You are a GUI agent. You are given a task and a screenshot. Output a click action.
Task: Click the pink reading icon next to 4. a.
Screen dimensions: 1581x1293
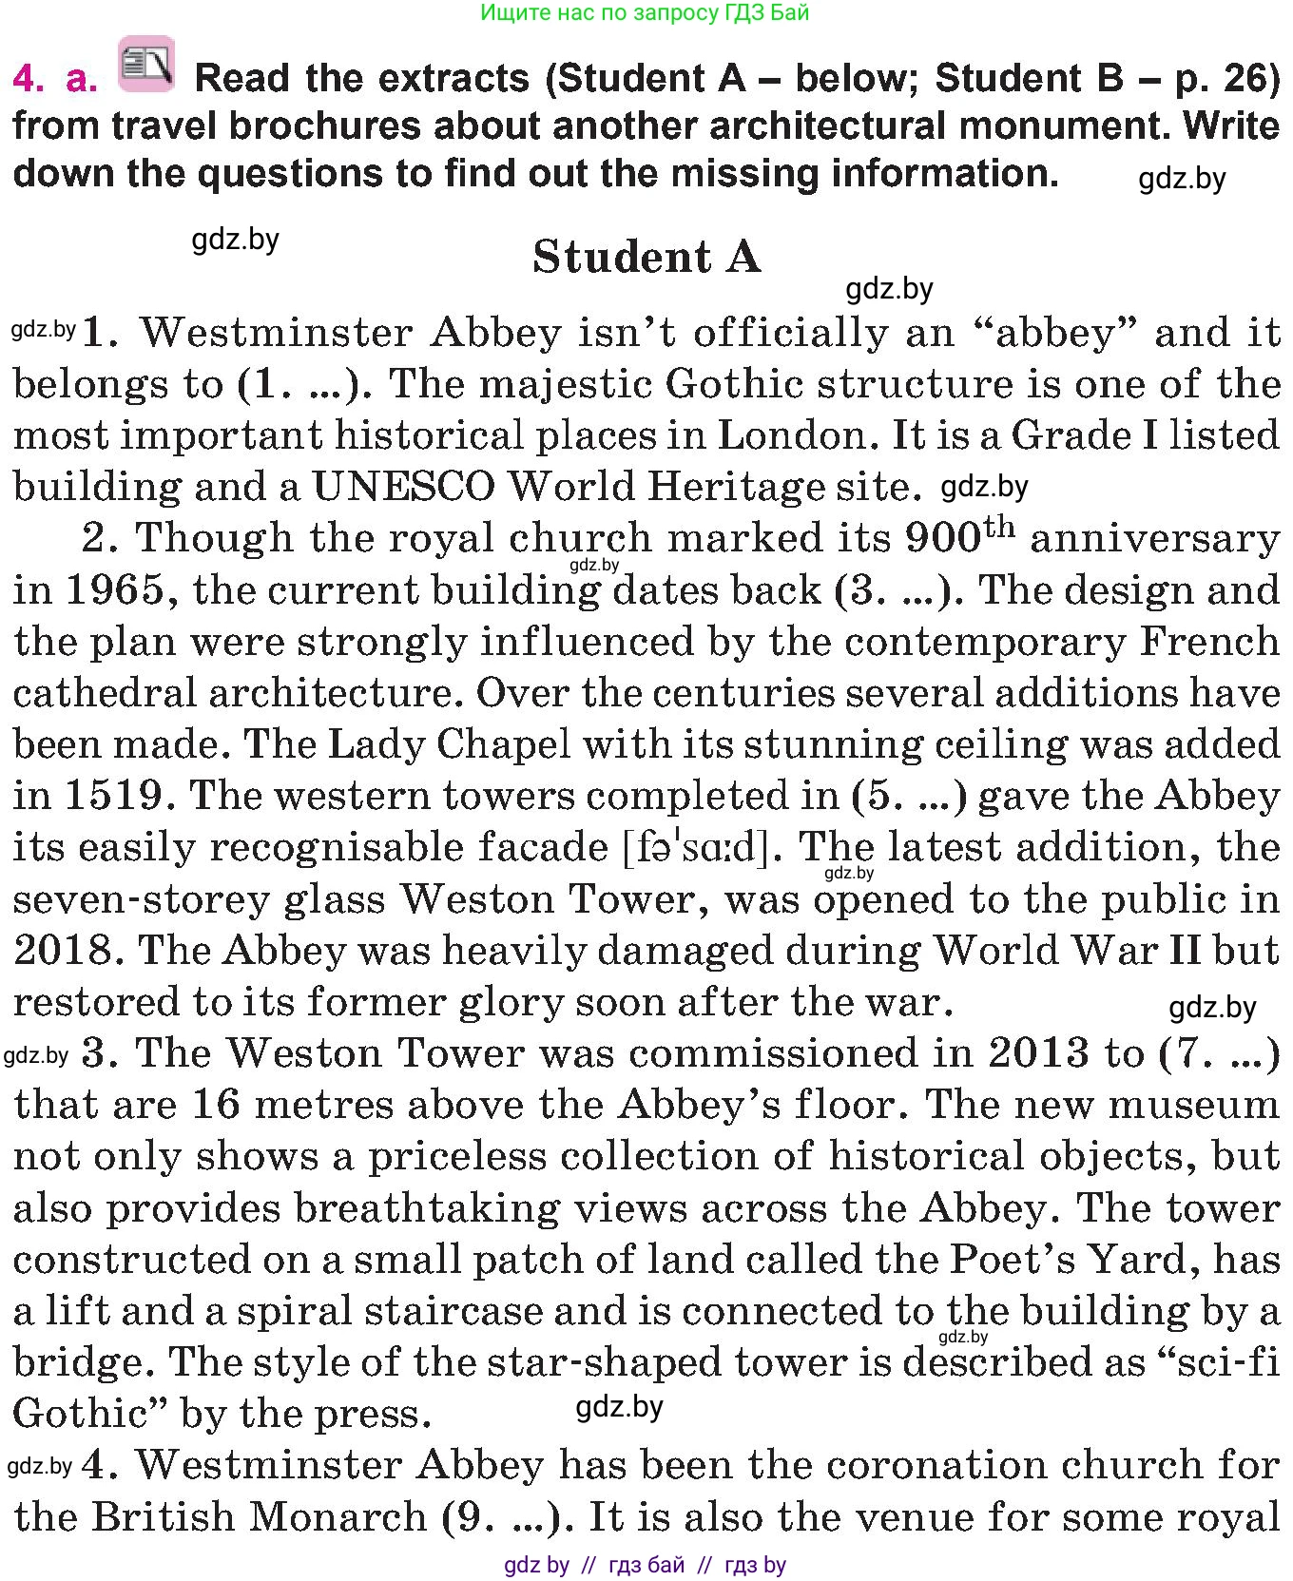(x=146, y=66)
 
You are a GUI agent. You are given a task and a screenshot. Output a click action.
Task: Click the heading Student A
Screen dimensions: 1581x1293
(x=646, y=257)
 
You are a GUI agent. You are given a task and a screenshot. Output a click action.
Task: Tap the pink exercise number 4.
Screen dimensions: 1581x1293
(x=29, y=79)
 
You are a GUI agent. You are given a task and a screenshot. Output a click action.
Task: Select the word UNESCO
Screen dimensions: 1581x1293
(x=404, y=487)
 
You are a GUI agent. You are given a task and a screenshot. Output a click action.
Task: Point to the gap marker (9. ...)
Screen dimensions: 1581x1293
(x=509, y=1516)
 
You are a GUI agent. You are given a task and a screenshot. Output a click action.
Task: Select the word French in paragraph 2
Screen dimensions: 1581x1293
(x=1209, y=642)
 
